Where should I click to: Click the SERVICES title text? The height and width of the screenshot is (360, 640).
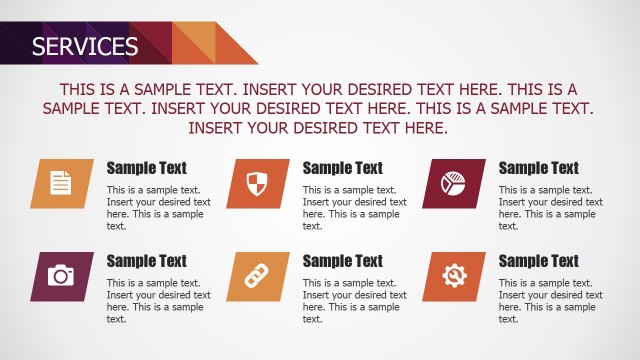85,46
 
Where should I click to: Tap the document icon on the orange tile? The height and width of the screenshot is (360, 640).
62,183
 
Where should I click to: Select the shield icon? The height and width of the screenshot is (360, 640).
258,183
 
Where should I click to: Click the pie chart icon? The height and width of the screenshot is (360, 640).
454,183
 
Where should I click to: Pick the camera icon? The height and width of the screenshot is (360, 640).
62,276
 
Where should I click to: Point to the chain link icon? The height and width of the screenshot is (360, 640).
258,276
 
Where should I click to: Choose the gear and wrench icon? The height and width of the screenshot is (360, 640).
454,276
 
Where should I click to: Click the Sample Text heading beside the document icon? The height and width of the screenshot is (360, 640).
146,168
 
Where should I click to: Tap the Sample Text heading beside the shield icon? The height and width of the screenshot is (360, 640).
342,168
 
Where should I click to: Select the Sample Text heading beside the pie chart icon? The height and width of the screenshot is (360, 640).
538,168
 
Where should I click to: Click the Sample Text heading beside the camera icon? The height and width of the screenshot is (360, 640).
146,261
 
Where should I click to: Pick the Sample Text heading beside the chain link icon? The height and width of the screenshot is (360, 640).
342,261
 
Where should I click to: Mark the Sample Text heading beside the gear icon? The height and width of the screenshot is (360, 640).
538,261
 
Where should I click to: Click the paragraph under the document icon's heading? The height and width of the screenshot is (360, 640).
158,208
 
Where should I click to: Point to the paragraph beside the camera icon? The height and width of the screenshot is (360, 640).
158,301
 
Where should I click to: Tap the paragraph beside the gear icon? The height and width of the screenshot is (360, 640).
550,301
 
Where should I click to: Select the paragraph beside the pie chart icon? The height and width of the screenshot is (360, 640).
550,208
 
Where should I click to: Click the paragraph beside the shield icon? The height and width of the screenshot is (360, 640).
354,208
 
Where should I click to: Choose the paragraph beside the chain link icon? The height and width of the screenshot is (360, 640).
354,301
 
